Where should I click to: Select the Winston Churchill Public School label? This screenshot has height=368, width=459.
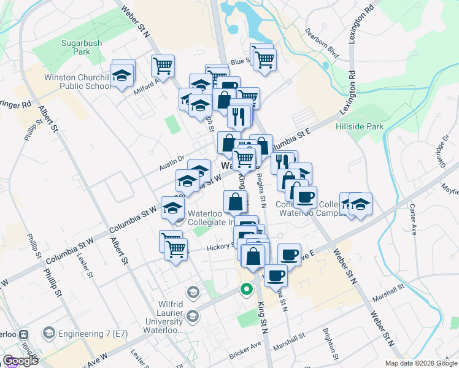pyautogui.click(x=76, y=82)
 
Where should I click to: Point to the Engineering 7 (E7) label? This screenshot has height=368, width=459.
pyautogui.click(x=82, y=333)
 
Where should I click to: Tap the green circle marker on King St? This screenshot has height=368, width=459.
pyautogui.click(x=247, y=289)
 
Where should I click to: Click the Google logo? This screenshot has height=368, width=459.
pyautogui.click(x=20, y=361)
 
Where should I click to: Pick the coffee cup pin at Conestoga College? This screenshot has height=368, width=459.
pyautogui.click(x=305, y=196)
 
